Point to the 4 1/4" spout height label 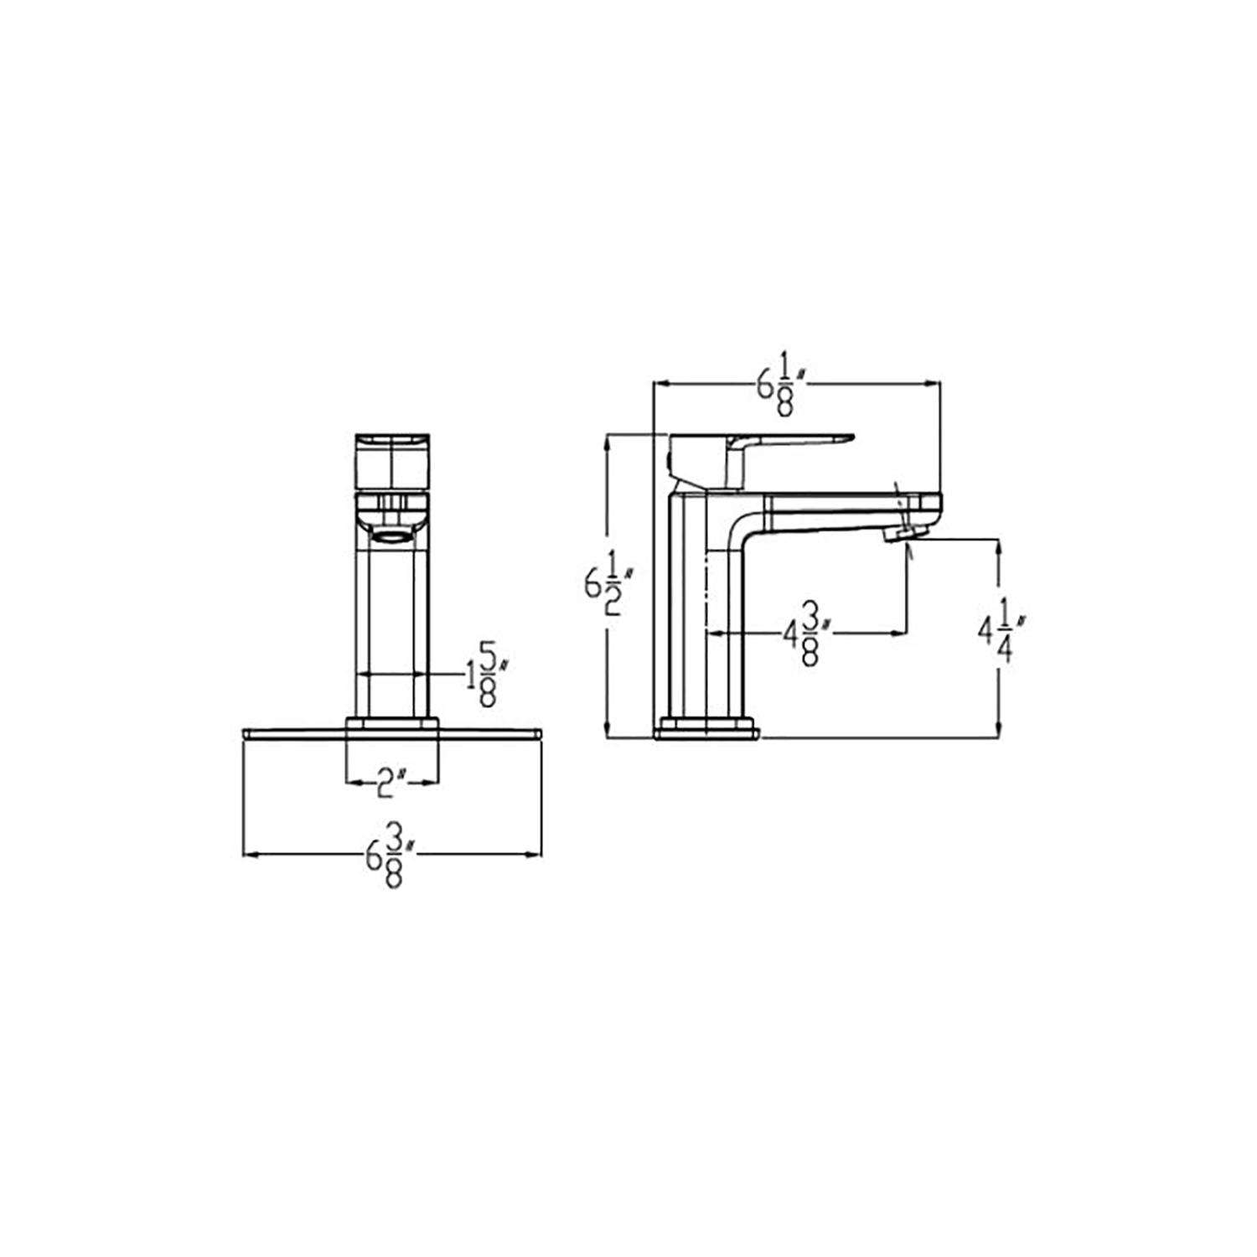[1003, 637]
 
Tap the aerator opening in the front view [391, 536]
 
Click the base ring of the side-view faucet [708, 729]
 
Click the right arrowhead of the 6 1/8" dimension [934, 384]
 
